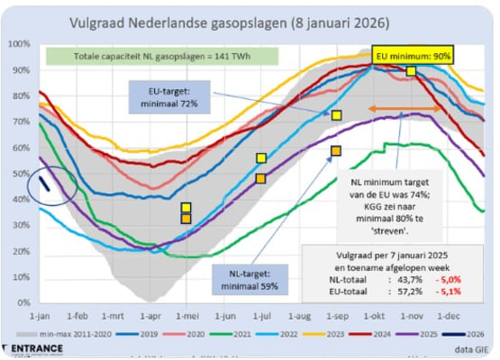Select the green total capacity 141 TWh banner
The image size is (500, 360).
coord(162,57)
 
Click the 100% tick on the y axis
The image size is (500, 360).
coord(17,43)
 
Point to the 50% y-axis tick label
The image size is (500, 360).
coord(19,174)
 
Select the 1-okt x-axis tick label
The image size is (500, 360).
coord(375,316)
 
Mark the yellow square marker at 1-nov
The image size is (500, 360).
coord(411,71)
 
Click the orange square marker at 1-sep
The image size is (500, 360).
coord(335,150)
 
